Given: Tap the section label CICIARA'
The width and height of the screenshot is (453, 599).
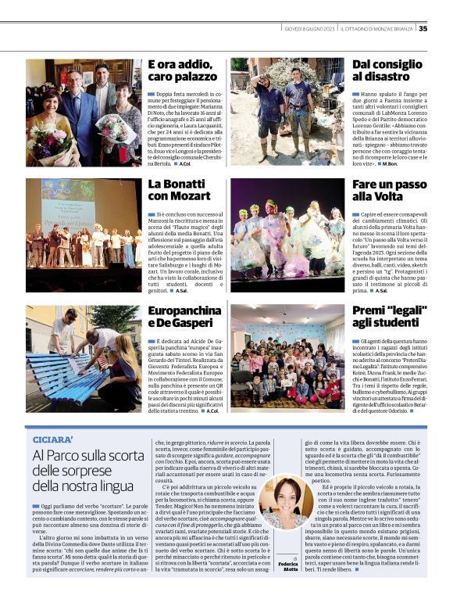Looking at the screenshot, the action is click(x=52, y=439).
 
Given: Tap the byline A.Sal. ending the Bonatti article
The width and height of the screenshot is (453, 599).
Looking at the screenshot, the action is click(x=181, y=291).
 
